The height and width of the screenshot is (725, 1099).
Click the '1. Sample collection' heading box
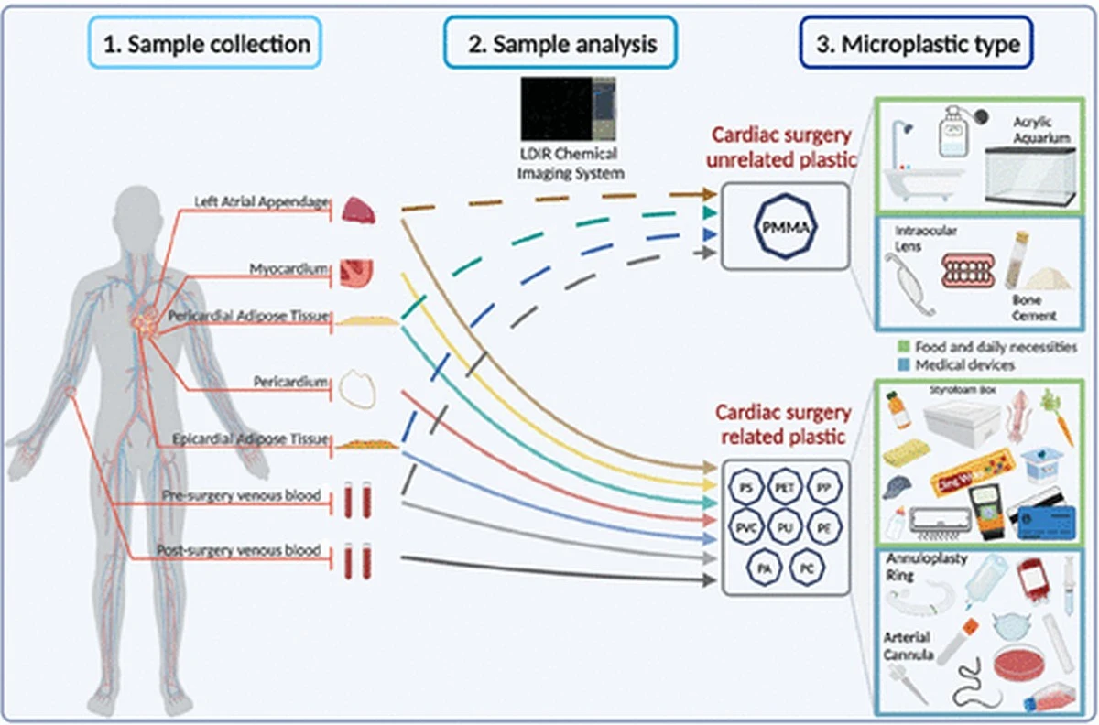point(206,44)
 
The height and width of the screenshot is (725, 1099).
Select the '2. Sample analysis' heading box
point(561,44)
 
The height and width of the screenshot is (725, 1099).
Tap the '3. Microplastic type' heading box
point(917,44)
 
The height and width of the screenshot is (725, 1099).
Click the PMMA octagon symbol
point(784,225)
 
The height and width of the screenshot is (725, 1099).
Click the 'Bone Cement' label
point(1034,308)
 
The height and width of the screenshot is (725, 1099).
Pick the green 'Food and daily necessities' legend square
point(902,347)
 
